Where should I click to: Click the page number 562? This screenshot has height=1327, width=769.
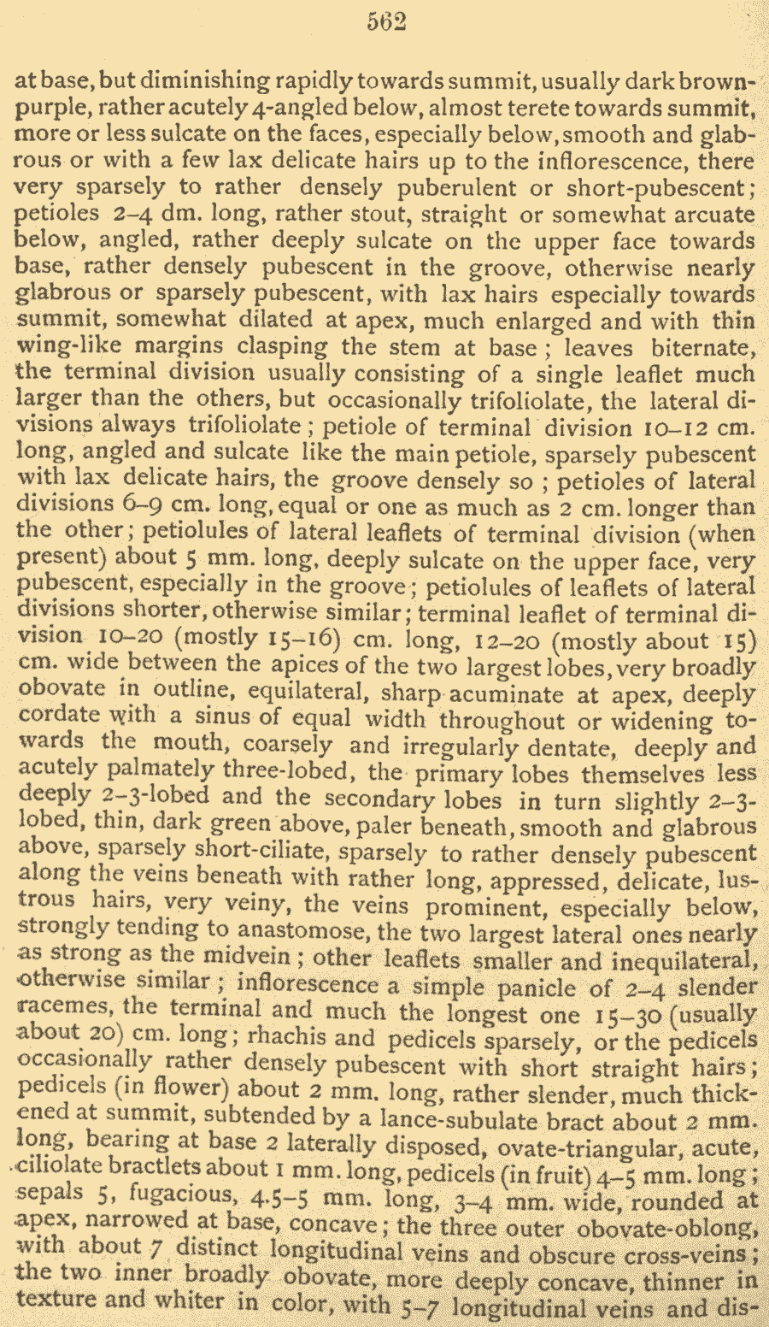pyautogui.click(x=386, y=21)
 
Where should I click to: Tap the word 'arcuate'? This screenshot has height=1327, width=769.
pyautogui.click(x=713, y=215)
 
